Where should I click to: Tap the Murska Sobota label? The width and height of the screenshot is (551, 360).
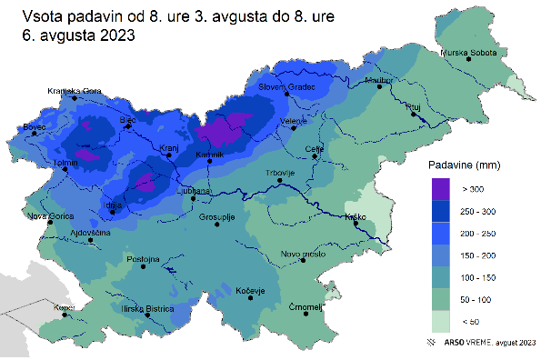coord(470,54)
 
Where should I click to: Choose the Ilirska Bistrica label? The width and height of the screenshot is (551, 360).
coord(146,309)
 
